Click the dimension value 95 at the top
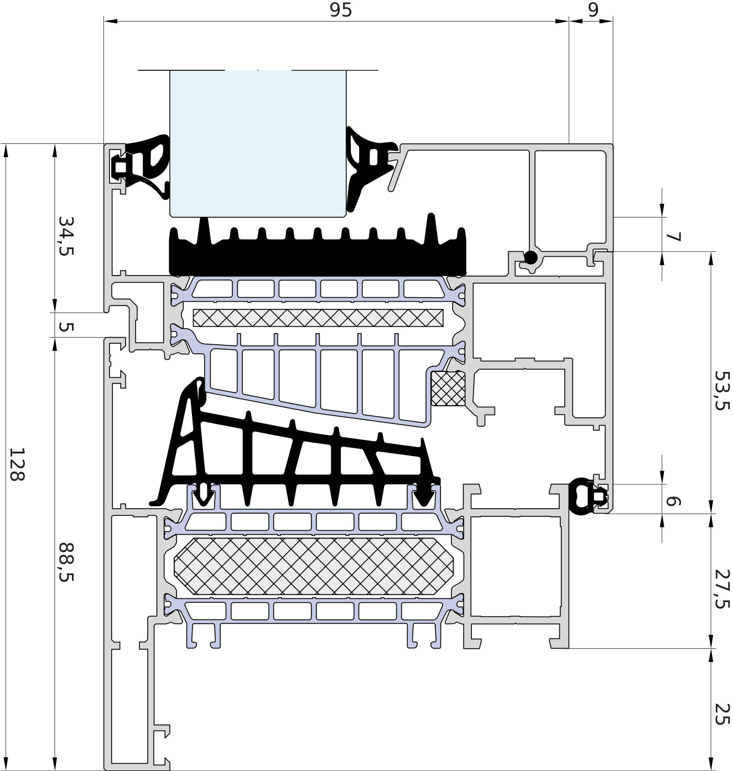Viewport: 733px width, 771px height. [341, 10]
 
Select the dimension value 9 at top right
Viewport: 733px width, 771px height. [593, 10]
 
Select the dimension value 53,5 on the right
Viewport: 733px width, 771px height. [722, 391]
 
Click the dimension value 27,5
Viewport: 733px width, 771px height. [722, 589]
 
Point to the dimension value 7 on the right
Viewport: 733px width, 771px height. [674, 237]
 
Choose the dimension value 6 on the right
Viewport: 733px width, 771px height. [674, 501]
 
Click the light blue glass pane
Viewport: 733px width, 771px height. [258, 143]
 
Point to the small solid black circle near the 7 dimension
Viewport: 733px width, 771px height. [531, 258]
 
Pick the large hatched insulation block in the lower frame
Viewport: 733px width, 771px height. [314, 565]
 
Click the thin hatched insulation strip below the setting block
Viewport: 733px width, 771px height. [318, 318]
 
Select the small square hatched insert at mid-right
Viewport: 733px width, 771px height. [448, 389]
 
